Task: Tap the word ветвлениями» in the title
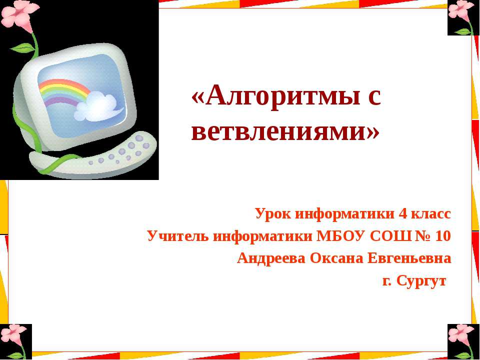[x=285, y=131]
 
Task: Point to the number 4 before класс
[x=402, y=214]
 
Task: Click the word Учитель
[x=178, y=236]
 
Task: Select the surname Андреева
[x=272, y=258]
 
